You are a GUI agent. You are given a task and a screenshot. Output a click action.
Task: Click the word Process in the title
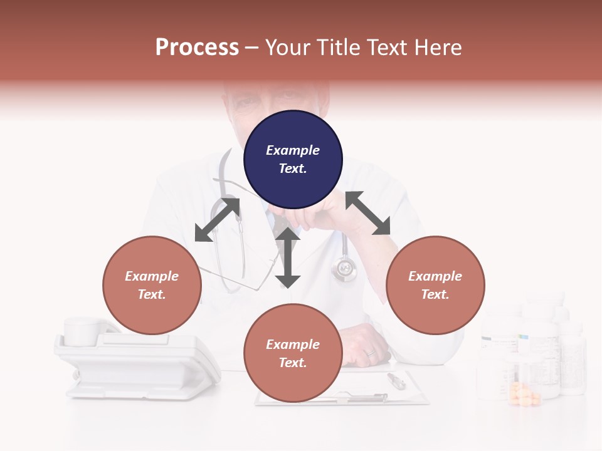tap(197, 48)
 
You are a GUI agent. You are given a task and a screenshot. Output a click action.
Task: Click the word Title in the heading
tap(338, 48)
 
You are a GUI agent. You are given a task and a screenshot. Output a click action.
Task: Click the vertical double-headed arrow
tap(288, 257)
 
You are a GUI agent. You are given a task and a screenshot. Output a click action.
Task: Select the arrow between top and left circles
tap(217, 219)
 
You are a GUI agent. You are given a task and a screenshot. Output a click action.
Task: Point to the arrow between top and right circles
tap(368, 213)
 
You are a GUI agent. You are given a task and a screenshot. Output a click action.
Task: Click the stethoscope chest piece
tap(344, 269)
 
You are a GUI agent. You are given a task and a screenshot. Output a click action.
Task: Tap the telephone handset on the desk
tap(88, 331)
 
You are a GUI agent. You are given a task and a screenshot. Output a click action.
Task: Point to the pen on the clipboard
tap(396, 381)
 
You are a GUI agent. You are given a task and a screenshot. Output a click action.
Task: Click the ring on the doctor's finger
tap(371, 353)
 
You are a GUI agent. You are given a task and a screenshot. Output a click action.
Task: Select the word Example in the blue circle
tap(293, 150)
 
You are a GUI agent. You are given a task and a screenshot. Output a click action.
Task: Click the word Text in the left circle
tap(152, 294)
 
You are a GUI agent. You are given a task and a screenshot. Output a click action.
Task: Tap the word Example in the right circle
tap(435, 276)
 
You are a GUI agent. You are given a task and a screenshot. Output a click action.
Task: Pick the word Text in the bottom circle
tap(293, 363)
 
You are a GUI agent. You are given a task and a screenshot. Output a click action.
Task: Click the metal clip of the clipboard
tap(367, 397)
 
